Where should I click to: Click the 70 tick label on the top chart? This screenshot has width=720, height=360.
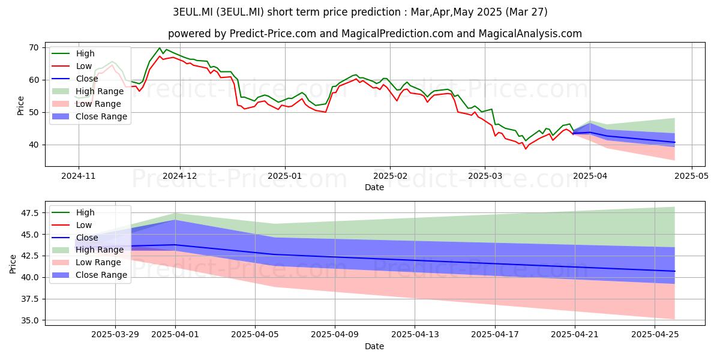click(34, 48)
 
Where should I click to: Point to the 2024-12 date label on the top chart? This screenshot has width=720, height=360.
click(180, 176)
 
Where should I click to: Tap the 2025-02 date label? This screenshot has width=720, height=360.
click(390, 176)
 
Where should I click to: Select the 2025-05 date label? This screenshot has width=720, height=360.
click(691, 176)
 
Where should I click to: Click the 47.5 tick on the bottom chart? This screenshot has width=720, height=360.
click(29, 213)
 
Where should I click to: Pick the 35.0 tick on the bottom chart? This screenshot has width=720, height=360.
click(29, 321)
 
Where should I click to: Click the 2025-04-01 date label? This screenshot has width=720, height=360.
click(175, 335)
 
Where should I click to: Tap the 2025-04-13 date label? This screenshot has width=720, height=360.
click(415, 335)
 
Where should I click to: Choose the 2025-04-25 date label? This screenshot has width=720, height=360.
click(655, 335)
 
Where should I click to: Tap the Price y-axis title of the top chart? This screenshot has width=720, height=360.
click(20, 106)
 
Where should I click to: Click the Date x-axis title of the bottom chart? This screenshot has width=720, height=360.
click(374, 347)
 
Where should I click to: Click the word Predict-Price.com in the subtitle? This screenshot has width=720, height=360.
click(273, 34)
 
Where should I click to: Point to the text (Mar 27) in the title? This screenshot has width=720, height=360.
click(526, 12)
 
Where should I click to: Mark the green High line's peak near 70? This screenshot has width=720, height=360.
click(160, 48)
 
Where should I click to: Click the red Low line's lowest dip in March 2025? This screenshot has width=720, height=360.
click(526, 149)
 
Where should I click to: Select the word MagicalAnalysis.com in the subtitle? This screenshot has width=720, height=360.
click(530, 34)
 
